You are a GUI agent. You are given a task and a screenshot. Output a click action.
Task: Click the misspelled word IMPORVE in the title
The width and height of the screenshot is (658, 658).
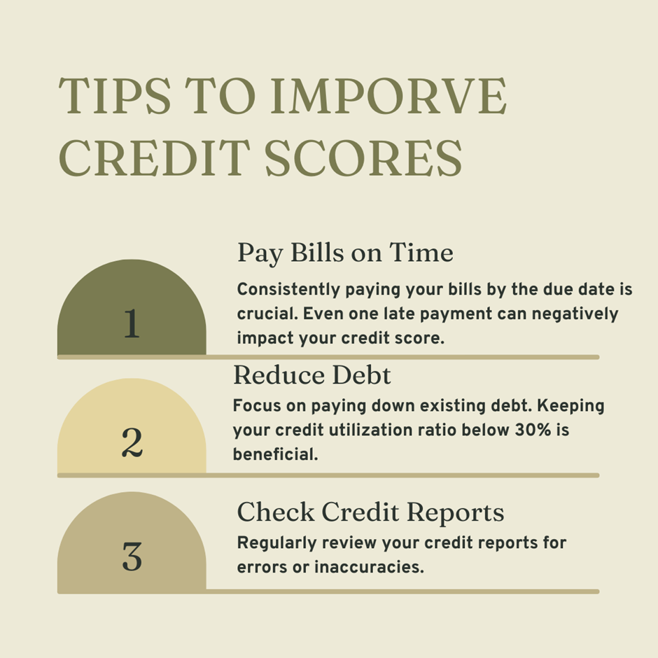388,96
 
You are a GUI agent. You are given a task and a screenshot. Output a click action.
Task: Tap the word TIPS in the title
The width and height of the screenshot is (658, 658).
115,96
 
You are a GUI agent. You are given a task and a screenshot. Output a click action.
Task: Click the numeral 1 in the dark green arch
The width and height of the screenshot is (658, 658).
132,323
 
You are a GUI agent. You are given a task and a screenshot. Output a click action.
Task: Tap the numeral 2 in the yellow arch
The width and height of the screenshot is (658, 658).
132,442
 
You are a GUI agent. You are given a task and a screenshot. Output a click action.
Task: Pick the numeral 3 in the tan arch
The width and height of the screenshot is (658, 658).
132,556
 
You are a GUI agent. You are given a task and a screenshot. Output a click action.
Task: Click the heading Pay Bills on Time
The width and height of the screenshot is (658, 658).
345,253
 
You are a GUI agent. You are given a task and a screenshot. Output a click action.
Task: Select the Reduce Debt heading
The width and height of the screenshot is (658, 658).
311,374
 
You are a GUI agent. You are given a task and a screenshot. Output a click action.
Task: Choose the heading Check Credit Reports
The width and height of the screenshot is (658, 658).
370,512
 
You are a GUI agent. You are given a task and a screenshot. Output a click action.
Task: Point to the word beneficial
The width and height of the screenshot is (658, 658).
275,454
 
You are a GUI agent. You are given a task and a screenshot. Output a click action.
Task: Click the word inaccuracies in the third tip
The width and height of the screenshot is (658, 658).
370,567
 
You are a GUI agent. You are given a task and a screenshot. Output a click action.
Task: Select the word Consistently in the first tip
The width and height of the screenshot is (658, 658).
288,290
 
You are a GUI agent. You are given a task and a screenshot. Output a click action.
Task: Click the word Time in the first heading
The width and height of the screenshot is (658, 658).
421,252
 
